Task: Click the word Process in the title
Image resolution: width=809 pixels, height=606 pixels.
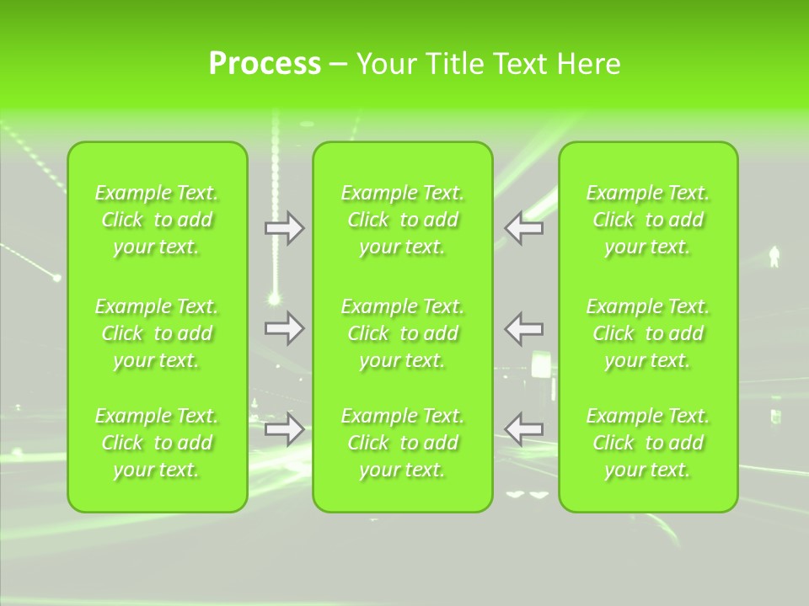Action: coord(265,64)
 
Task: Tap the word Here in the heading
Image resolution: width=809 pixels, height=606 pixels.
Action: coord(589,64)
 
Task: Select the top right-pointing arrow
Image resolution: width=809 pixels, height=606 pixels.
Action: coord(284,228)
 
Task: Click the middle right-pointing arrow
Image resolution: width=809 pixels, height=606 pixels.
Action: coord(284,328)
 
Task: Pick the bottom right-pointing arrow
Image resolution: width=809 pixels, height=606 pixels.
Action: coord(284,429)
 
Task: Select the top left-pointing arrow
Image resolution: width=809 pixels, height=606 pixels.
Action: coord(524,228)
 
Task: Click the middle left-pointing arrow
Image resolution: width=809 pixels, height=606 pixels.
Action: coord(524,328)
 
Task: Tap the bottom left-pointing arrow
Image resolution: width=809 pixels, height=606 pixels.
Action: coord(524,429)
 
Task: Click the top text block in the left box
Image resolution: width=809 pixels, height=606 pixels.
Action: coord(157,220)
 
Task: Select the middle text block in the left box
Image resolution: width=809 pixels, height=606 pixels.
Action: coord(157,333)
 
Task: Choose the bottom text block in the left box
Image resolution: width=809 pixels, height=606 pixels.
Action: coord(157,443)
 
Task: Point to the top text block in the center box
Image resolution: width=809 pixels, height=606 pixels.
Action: coord(403,220)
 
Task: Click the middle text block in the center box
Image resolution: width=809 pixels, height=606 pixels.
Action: coord(403,333)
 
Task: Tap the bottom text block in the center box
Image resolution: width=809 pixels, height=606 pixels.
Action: coord(403,443)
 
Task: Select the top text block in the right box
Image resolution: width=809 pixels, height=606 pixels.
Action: coord(648,220)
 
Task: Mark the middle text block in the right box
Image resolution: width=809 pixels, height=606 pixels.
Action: coord(648,333)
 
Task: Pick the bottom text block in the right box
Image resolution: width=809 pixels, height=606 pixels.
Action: coord(648,443)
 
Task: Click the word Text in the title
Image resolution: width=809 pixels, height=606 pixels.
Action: coord(522,64)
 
